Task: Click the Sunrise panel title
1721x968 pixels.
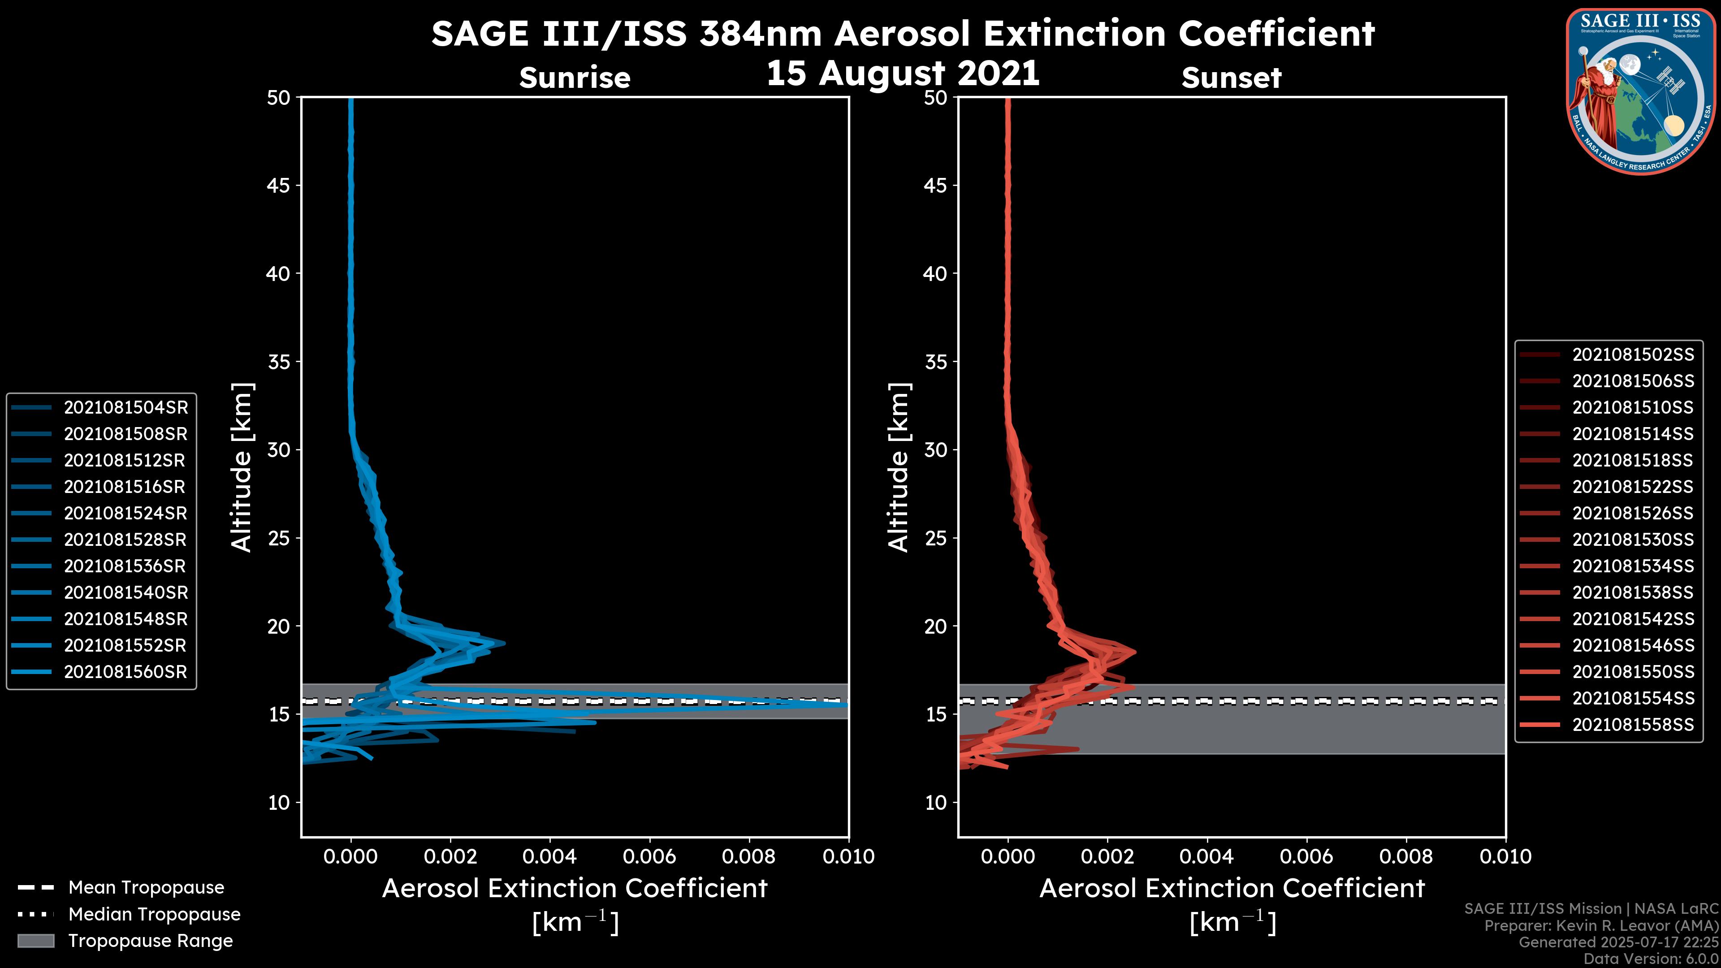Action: pyautogui.click(x=575, y=78)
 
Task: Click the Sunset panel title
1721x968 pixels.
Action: pyautogui.click(x=1231, y=78)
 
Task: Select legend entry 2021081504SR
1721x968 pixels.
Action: pyautogui.click(x=125, y=407)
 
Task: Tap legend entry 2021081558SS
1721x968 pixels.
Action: pyautogui.click(x=1633, y=725)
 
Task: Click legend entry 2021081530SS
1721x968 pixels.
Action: pyautogui.click(x=1633, y=540)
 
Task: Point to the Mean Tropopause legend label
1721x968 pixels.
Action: pyautogui.click(x=146, y=888)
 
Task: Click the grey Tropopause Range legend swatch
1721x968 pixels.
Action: pyautogui.click(x=35, y=941)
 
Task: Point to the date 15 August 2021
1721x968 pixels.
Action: pyautogui.click(x=903, y=73)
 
